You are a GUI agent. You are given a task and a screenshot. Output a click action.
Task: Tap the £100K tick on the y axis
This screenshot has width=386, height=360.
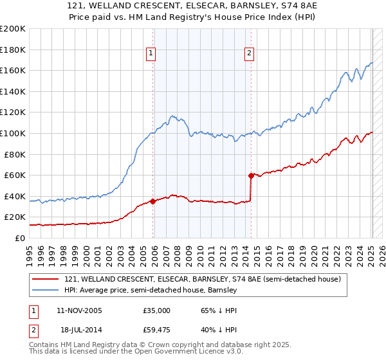coord(13,133)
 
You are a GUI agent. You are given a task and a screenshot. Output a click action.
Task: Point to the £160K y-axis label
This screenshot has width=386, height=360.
coord(13,70)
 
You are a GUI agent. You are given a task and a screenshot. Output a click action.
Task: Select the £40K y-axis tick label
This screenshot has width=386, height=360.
coord(15,196)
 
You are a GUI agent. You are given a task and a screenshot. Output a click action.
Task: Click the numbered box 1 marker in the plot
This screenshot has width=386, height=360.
coord(151,54)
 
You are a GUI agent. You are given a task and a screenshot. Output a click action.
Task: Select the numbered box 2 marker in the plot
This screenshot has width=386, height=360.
coord(249,54)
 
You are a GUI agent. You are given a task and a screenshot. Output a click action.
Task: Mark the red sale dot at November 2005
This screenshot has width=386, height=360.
coord(152,201)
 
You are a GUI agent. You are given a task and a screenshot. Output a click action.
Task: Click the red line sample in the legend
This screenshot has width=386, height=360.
coord(46,279)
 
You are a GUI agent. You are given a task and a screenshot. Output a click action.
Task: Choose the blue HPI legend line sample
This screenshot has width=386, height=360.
coord(46,290)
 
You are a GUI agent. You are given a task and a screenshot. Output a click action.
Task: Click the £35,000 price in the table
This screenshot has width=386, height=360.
coord(156,310)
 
